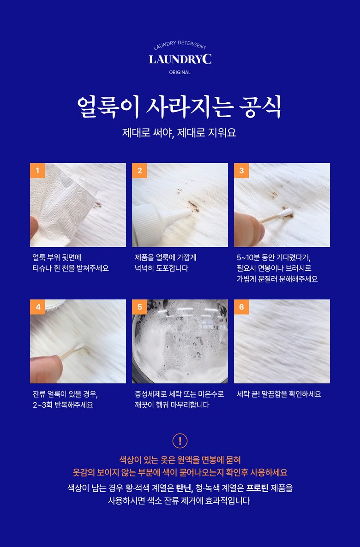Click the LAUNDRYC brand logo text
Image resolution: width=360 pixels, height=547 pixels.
point(180,59)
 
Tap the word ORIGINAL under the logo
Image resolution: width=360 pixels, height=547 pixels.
point(180,72)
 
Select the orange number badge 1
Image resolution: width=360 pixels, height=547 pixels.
point(37,171)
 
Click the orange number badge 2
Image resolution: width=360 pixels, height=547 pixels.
point(139,171)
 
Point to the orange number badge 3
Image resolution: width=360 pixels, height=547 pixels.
point(241,171)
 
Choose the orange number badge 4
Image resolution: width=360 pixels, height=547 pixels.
point(37,307)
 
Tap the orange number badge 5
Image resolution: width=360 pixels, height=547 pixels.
point(139,307)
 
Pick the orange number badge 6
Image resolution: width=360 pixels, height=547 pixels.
point(241,307)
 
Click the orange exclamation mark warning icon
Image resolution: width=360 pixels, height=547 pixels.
point(180,440)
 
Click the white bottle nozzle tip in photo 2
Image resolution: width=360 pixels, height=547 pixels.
point(189,211)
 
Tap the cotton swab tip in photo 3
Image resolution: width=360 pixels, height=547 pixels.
point(286,213)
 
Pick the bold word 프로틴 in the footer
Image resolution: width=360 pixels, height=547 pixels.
point(258,488)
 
